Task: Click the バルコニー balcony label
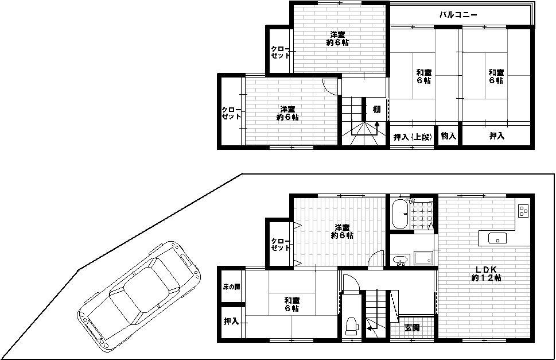click(x=458, y=15)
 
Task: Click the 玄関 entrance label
click(x=411, y=328)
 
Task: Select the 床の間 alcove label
click(x=231, y=286)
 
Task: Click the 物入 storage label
click(x=448, y=136)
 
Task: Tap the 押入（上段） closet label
click(x=412, y=137)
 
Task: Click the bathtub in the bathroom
click(x=400, y=215)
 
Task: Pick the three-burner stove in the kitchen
click(x=523, y=211)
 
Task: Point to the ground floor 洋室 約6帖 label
click(x=342, y=231)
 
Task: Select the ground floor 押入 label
click(x=231, y=322)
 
